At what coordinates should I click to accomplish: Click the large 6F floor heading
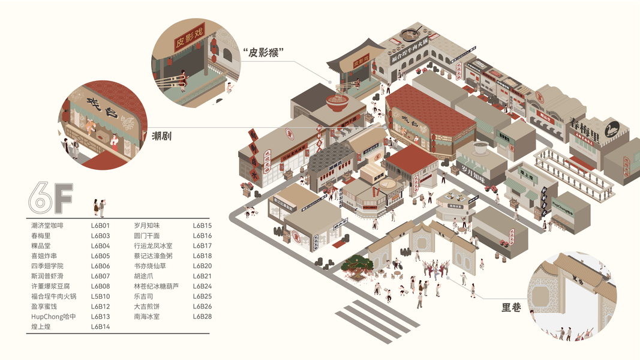50,200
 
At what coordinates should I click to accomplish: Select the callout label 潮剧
161,136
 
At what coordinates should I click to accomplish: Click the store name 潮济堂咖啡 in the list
47,226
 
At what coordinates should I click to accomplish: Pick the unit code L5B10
100,296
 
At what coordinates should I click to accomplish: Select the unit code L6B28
202,316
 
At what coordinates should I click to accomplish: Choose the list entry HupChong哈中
53,316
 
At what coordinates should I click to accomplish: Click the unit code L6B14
100,326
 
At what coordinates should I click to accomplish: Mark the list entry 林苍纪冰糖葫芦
156,286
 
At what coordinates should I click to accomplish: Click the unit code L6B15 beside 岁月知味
202,226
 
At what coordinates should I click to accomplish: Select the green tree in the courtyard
359,263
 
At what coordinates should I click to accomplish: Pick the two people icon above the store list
99,207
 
